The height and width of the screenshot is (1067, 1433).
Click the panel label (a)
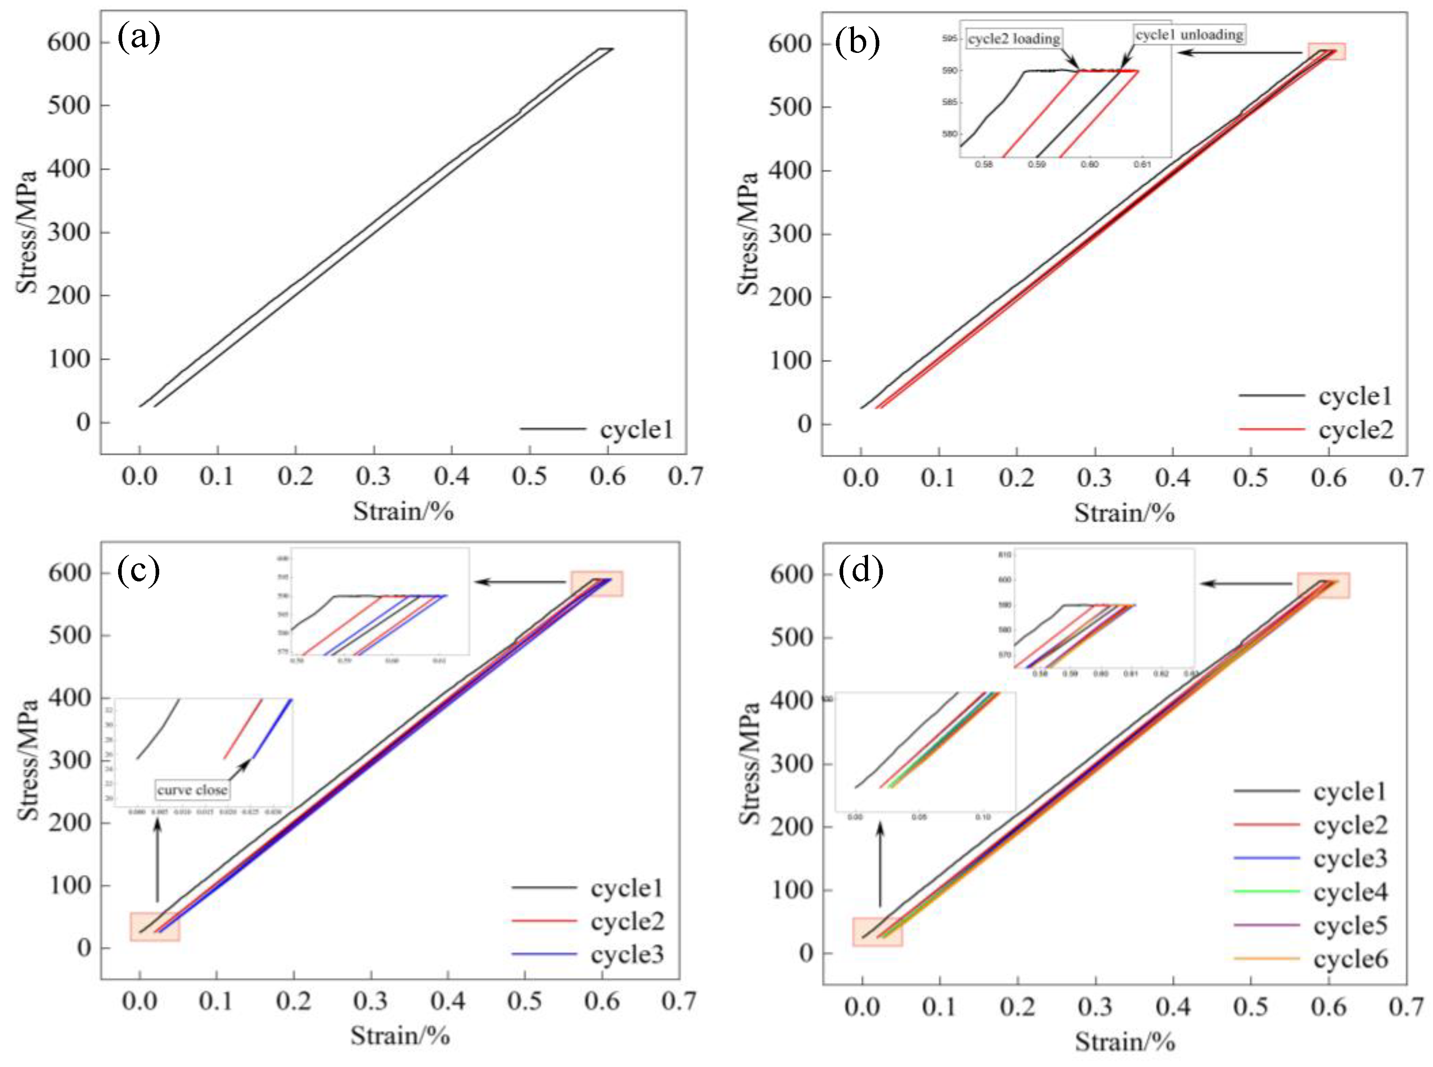click(x=138, y=38)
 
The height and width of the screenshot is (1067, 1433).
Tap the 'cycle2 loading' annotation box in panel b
click(x=1014, y=39)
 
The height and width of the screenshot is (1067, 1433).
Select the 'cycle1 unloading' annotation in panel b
click(x=1189, y=34)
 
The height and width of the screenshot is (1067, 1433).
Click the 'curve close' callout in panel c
click(x=192, y=790)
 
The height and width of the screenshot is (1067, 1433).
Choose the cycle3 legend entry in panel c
click(x=588, y=954)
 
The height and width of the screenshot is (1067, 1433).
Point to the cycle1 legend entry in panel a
click(x=597, y=430)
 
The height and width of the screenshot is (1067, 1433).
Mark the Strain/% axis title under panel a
click(x=403, y=511)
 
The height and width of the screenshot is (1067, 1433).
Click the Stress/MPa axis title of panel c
click(x=28, y=759)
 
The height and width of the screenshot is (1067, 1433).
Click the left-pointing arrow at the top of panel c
click(x=521, y=582)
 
